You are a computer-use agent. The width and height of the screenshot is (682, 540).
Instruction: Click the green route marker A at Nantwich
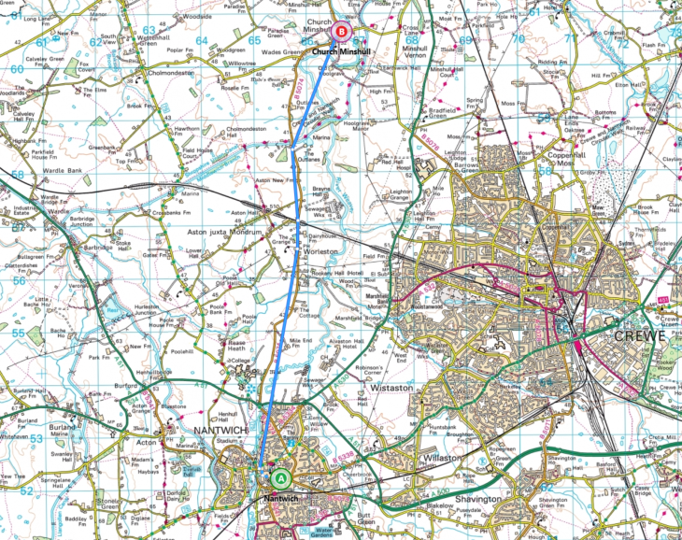point(280,477)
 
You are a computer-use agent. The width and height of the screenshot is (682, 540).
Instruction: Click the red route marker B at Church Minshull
point(341,32)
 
